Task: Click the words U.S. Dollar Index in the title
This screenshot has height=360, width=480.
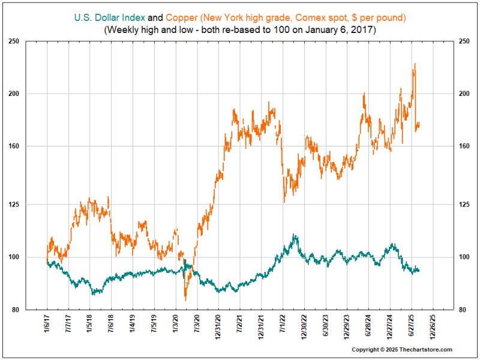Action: (110, 17)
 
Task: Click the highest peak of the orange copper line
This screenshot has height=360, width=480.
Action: (415, 64)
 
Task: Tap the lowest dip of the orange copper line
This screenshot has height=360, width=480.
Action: (185, 300)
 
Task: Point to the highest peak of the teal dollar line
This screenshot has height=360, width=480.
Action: (293, 235)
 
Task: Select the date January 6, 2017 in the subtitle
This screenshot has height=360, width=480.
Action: (338, 29)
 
